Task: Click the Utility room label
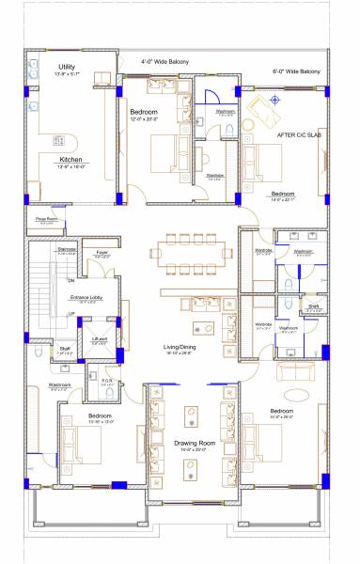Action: click(66, 67)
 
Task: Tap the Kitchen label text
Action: click(65, 160)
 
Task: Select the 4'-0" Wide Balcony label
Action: click(164, 62)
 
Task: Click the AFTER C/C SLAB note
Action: click(300, 134)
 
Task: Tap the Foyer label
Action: click(101, 252)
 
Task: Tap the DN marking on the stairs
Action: click(70, 280)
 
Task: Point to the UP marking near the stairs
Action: click(70, 313)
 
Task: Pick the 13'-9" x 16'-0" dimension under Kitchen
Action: click(65, 167)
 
